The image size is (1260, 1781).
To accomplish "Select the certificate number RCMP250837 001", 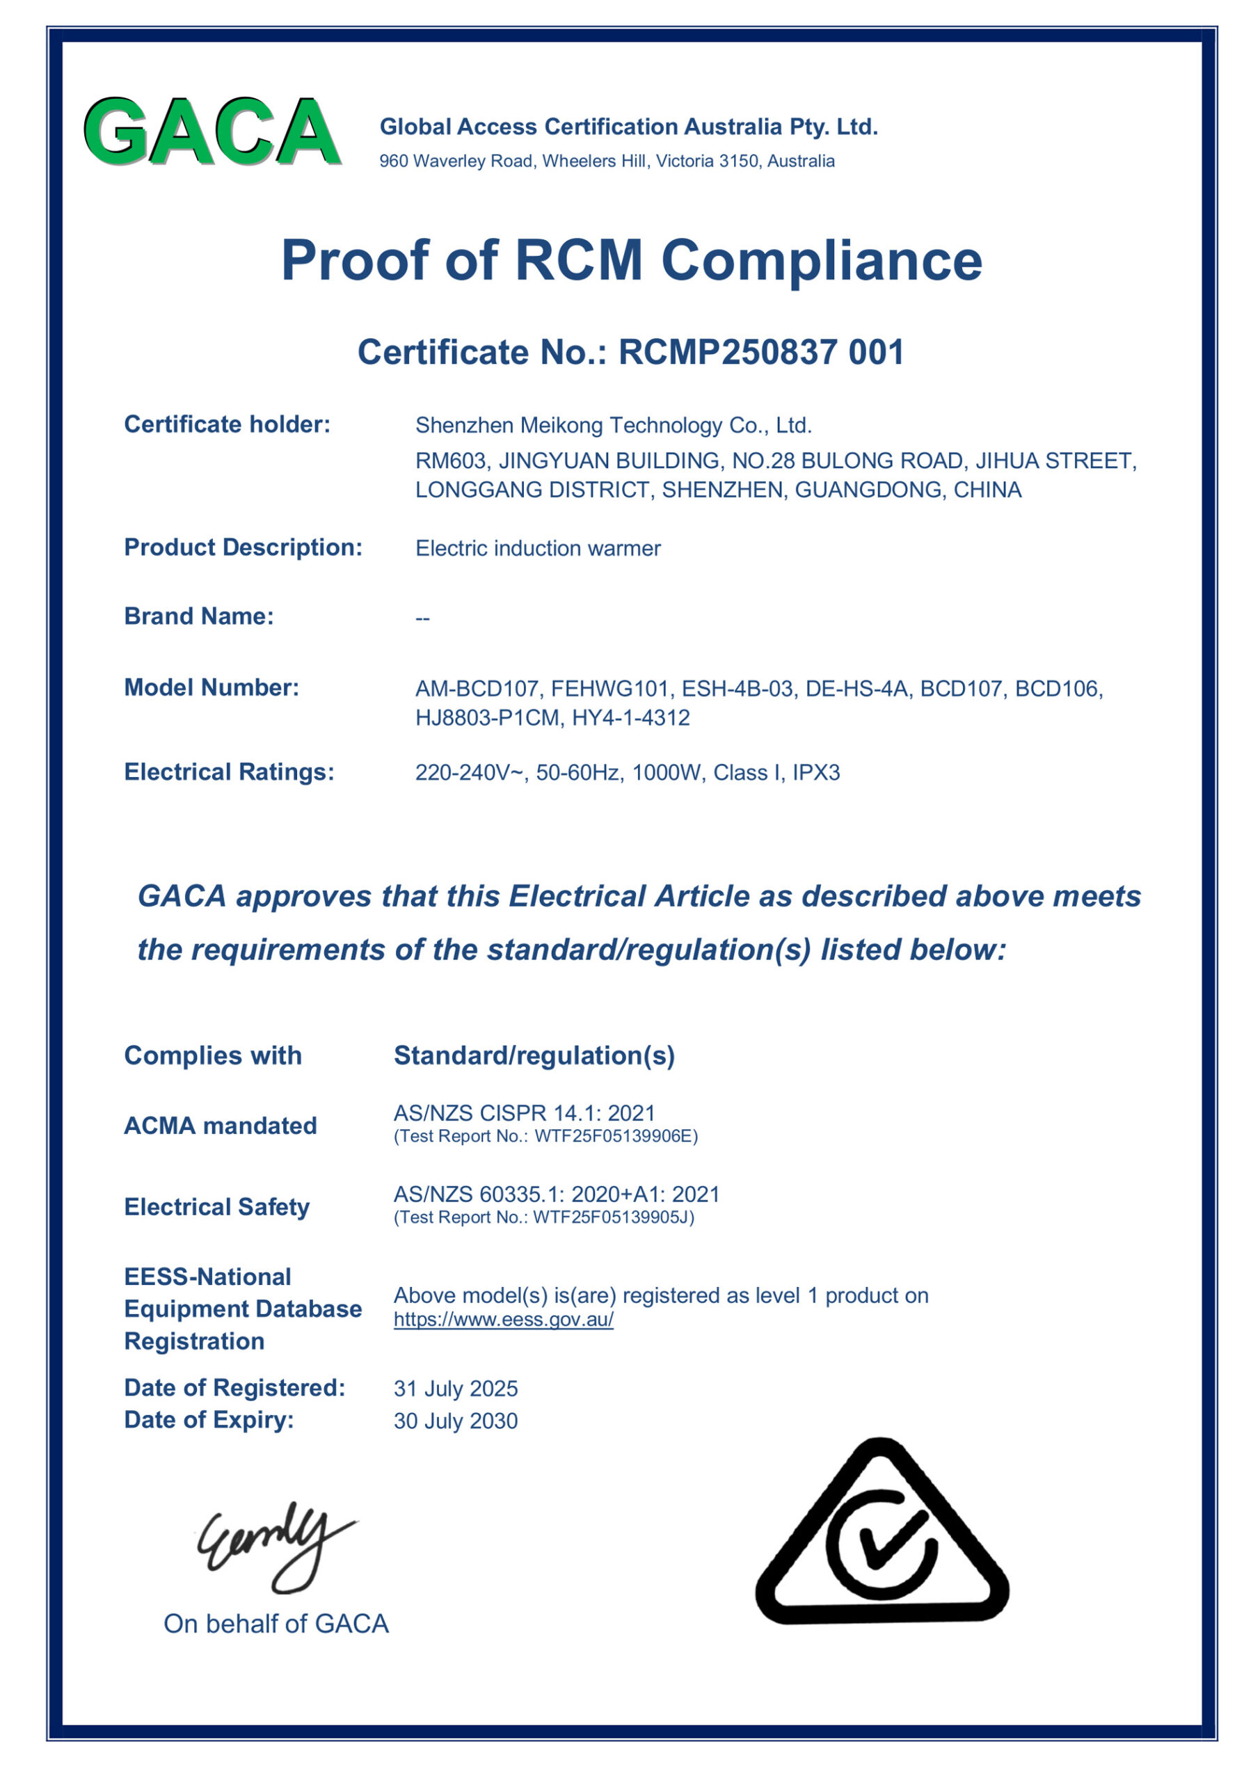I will [x=761, y=352].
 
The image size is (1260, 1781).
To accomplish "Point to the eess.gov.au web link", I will [x=504, y=1320].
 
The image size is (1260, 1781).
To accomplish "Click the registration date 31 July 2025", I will [x=456, y=1389].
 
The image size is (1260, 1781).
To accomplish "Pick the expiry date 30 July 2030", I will [x=456, y=1421].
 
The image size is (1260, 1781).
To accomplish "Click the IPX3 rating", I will [x=815, y=773].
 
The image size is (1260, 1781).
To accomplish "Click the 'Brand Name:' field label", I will [x=198, y=616].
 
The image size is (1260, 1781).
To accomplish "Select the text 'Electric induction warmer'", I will [x=538, y=548].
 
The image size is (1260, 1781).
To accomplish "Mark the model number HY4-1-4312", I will [x=631, y=717].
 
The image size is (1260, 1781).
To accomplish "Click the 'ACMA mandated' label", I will [x=221, y=1126].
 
